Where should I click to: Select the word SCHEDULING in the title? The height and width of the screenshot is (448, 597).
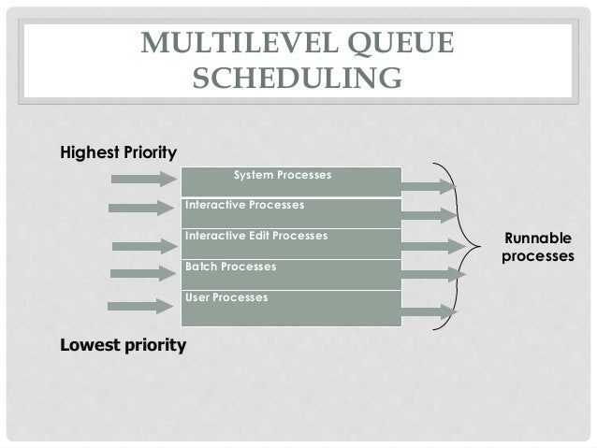click(297, 81)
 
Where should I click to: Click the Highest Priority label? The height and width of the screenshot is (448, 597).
click(118, 152)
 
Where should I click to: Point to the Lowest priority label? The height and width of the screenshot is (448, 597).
click(123, 345)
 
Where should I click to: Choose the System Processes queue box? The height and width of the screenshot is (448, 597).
click(291, 181)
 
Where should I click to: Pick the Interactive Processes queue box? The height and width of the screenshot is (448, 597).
click(291, 212)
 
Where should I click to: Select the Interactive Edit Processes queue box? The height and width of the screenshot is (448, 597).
click(291, 243)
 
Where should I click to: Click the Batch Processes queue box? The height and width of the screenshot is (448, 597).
click(291, 274)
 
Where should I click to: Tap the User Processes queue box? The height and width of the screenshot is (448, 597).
click(291, 307)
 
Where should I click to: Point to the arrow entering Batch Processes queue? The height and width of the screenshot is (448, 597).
click(143, 274)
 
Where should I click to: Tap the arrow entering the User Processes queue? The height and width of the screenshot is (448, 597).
click(141, 307)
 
